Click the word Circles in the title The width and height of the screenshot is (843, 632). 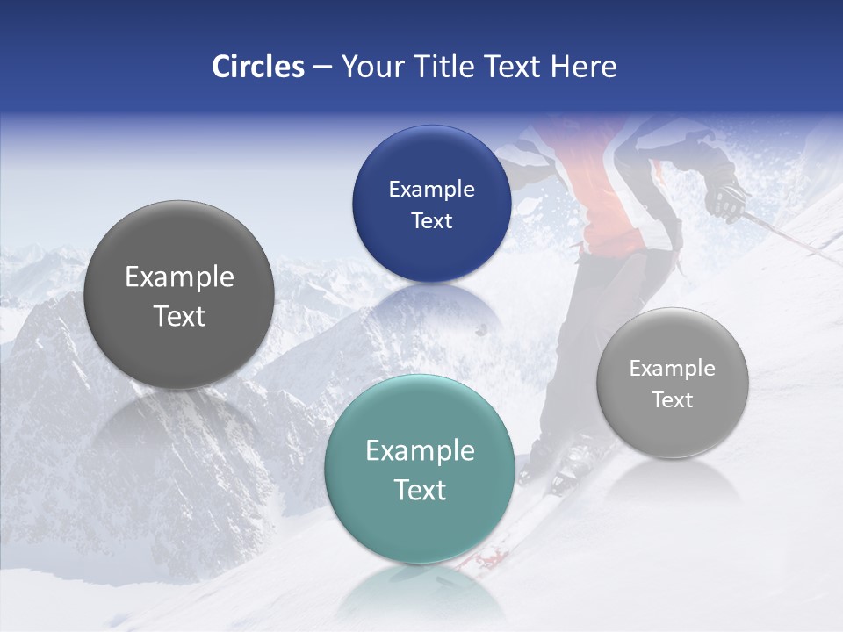[x=257, y=67]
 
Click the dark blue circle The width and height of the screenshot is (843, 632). [x=431, y=204]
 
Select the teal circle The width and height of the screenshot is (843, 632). [x=420, y=470]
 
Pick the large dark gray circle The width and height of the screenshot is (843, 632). [x=179, y=296]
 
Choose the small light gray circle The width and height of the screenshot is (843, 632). [x=672, y=383]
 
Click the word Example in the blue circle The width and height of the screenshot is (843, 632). [x=431, y=189]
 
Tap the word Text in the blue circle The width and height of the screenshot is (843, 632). [x=431, y=220]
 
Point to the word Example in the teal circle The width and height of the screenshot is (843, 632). [x=420, y=450]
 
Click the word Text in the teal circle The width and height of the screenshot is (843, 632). [x=420, y=490]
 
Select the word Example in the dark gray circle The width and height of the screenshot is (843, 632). [x=179, y=276]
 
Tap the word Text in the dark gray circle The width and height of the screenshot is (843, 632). [x=179, y=316]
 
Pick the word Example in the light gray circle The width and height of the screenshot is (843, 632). [x=672, y=368]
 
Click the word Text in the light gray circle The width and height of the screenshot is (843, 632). [x=672, y=399]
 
